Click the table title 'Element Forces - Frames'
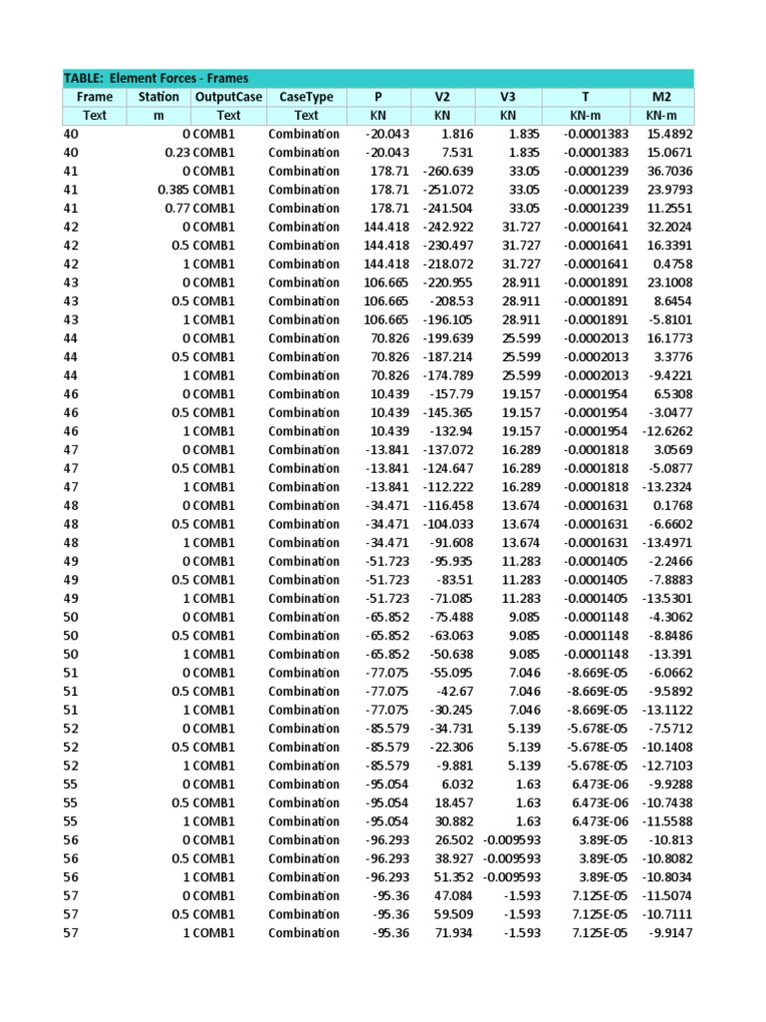click(157, 78)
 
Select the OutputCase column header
click(228, 97)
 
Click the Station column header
click(159, 97)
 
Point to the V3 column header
click(508, 97)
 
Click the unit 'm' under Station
click(159, 115)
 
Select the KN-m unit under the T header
click(585, 115)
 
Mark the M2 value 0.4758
click(674, 263)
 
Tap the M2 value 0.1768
click(674, 506)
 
